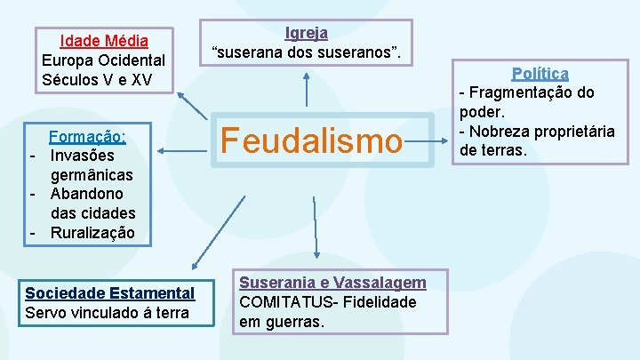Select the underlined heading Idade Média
103,41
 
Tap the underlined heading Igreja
306,33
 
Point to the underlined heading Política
540,73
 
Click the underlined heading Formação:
87,137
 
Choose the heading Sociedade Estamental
109,292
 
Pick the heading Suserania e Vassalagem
332,282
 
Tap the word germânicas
92,174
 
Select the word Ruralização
92,233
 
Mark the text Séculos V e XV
97,80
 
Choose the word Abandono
87,194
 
